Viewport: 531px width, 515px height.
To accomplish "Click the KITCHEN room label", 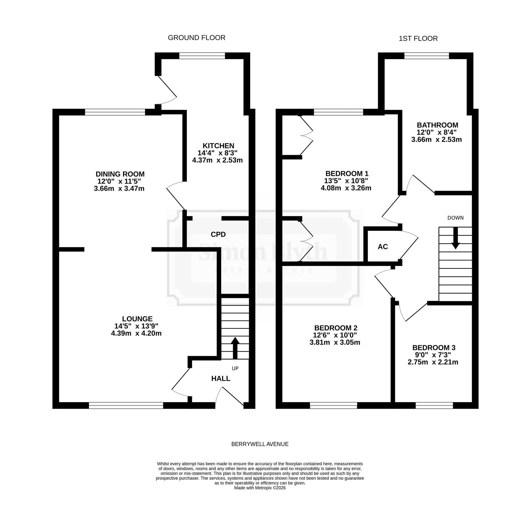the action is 218,146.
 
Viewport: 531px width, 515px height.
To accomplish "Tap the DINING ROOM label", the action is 120,174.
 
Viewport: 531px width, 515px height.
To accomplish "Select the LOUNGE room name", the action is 137,319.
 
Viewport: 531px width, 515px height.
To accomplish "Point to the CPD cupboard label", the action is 218,235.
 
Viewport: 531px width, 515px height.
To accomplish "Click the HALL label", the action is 221,379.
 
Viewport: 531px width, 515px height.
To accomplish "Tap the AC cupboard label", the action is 383,247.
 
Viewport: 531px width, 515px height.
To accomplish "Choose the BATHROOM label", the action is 438,125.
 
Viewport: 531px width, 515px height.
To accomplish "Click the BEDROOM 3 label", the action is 434,348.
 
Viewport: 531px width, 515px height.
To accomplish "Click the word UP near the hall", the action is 235,368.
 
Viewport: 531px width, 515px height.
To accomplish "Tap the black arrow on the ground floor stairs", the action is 235,348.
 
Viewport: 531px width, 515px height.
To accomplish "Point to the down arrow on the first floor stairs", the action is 456,238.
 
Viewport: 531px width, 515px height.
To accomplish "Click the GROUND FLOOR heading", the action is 197,38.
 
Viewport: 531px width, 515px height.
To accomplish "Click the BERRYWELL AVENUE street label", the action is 260,444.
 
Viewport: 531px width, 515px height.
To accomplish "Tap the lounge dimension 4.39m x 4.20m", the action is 136,333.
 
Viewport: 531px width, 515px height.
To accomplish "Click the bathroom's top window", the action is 426,56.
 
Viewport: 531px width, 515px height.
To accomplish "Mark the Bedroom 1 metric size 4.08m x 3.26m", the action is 346,188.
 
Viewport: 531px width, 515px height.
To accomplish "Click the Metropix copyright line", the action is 260,488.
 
